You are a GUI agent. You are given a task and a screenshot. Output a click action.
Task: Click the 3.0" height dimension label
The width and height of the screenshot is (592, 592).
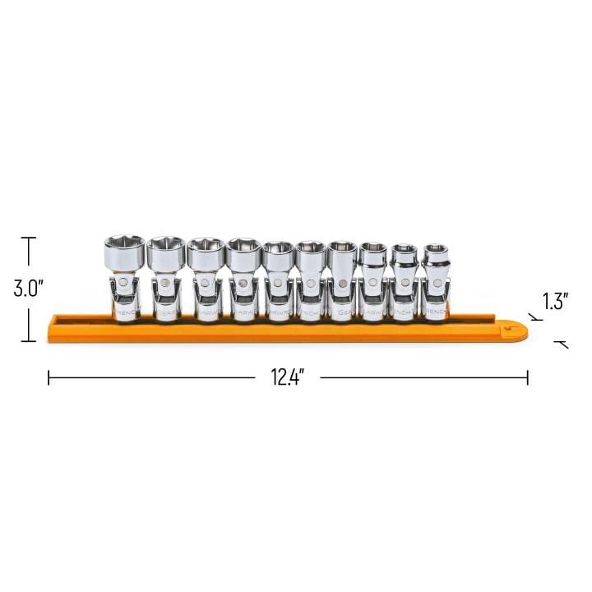pyautogui.click(x=28, y=289)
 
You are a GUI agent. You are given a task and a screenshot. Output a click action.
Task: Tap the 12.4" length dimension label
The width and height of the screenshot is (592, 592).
pyautogui.click(x=288, y=377)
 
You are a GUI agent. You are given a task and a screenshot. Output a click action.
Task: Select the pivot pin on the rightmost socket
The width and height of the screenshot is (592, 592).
pyautogui.click(x=435, y=284)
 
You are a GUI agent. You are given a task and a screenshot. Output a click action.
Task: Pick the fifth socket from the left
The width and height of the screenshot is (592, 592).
pyautogui.click(x=278, y=280)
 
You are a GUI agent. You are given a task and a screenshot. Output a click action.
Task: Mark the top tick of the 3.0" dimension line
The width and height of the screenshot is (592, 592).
pyautogui.click(x=28, y=238)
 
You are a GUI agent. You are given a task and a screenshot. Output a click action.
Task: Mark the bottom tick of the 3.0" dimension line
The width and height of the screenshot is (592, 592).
pyautogui.click(x=28, y=340)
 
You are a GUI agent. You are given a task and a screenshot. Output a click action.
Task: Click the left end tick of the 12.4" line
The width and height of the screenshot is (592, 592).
pyautogui.click(x=49, y=377)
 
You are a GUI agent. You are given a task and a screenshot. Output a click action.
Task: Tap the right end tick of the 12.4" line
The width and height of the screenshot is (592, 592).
pyautogui.click(x=528, y=377)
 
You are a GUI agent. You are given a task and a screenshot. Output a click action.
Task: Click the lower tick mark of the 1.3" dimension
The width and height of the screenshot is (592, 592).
pyautogui.click(x=563, y=345)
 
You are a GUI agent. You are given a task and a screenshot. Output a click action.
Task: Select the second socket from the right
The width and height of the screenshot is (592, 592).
pyautogui.click(x=403, y=280)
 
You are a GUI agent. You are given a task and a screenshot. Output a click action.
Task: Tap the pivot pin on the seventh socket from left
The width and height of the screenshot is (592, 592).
pyautogui.click(x=340, y=284)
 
